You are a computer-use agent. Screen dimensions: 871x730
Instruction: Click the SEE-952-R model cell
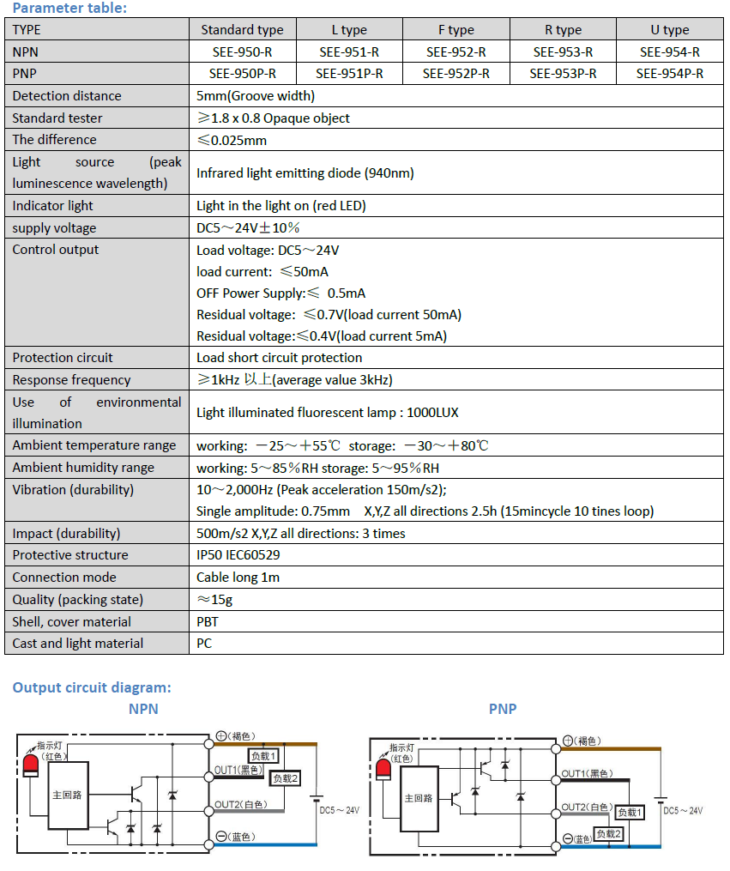tap(456, 51)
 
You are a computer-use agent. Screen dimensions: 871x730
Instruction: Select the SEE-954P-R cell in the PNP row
tap(669, 74)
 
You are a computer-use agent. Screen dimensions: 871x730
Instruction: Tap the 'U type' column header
tap(669, 29)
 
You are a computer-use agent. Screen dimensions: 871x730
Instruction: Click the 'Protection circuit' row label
tap(63, 358)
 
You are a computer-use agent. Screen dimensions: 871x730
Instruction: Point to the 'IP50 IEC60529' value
tap(238, 555)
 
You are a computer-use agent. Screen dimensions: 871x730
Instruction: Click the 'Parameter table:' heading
tap(69, 9)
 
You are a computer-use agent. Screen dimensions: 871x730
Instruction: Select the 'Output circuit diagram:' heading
tap(92, 687)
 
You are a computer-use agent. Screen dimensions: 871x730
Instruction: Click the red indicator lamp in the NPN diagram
tap(31, 763)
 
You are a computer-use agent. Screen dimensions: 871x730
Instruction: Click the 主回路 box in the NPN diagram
tap(68, 795)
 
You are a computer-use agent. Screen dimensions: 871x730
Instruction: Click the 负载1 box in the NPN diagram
tap(263, 756)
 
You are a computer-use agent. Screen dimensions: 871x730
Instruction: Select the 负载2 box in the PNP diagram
tap(608, 833)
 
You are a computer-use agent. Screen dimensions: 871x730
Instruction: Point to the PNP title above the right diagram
tap(503, 709)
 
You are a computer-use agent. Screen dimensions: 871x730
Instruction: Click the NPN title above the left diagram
tap(143, 709)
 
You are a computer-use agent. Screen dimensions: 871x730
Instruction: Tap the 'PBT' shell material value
tap(208, 621)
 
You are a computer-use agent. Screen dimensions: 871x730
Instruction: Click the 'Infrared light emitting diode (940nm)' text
tap(305, 172)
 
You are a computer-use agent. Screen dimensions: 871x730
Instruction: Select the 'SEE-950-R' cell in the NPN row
tap(242, 51)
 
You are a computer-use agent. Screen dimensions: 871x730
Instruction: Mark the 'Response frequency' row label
tap(71, 380)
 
